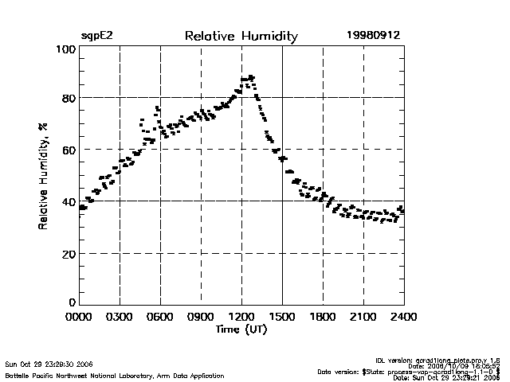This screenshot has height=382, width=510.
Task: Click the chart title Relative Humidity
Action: tap(241, 36)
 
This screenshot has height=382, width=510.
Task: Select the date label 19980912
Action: tap(373, 36)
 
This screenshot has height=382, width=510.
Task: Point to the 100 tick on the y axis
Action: tap(66, 49)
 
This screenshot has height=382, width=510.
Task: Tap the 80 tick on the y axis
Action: tap(68, 98)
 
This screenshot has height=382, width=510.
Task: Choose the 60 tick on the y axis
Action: tap(68, 150)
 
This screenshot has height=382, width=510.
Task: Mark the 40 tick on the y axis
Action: tap(68, 201)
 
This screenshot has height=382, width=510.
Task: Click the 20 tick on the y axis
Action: tap(68, 253)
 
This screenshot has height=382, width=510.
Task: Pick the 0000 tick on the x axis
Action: tap(79, 317)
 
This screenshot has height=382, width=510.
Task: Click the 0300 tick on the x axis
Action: tap(120, 317)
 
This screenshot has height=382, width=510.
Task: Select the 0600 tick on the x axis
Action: tap(160, 317)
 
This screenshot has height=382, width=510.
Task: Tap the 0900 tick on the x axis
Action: tap(201, 317)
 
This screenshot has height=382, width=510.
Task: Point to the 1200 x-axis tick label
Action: tap(241, 317)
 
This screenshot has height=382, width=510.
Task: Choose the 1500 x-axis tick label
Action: tap(282, 317)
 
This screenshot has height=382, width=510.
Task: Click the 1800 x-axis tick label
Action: tap(323, 317)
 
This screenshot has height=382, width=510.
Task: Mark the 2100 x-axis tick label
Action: tap(363, 317)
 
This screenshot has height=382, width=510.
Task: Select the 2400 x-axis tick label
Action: tap(403, 317)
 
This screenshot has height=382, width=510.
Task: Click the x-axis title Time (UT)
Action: tap(241, 329)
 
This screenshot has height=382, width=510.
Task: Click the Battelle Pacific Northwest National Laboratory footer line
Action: tap(115, 375)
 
